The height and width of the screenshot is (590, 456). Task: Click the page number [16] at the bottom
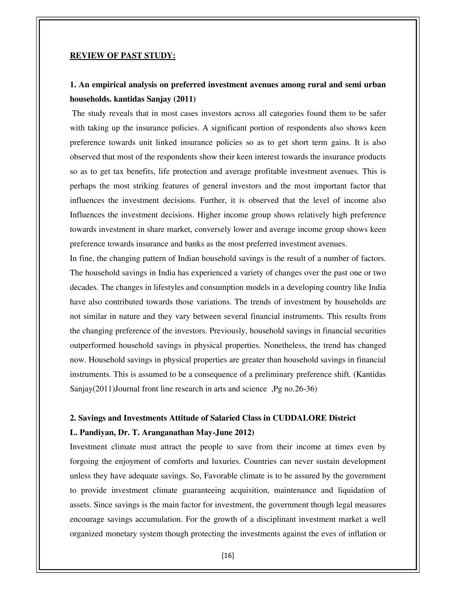pos(228,555)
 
